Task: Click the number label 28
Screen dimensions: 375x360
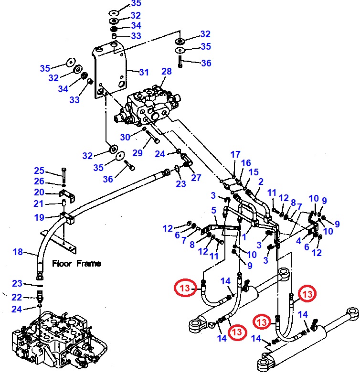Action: (x=166, y=72)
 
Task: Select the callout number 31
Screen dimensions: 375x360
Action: (x=144, y=72)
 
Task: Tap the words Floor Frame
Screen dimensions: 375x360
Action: (x=76, y=263)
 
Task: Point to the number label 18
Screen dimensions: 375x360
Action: (x=18, y=252)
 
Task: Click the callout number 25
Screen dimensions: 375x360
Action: (x=39, y=171)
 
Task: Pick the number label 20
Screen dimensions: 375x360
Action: (x=39, y=192)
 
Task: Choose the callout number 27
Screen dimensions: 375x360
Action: (x=196, y=178)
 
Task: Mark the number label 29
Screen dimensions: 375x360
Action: (x=138, y=153)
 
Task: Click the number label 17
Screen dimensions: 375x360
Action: (x=235, y=154)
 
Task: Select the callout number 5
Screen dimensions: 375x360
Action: (x=213, y=210)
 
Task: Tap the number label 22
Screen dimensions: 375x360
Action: (x=17, y=297)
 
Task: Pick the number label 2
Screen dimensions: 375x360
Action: (x=261, y=182)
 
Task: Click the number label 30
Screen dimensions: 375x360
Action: (x=125, y=137)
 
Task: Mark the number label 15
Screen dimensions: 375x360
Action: (x=254, y=172)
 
